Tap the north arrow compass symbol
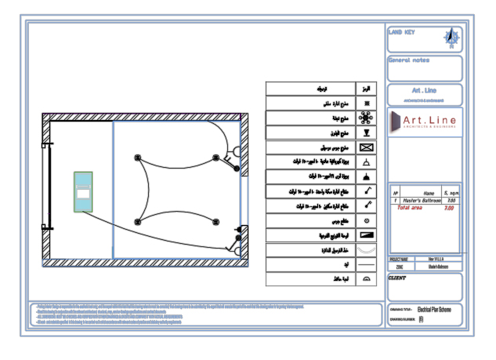pos(452,36)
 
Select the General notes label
pos(409,60)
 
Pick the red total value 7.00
pos(449,209)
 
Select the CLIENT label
pos(398,278)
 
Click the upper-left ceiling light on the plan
pos(139,157)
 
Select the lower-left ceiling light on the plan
pos(139,220)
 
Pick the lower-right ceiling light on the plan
pos(216,221)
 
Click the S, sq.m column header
pos(451,193)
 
